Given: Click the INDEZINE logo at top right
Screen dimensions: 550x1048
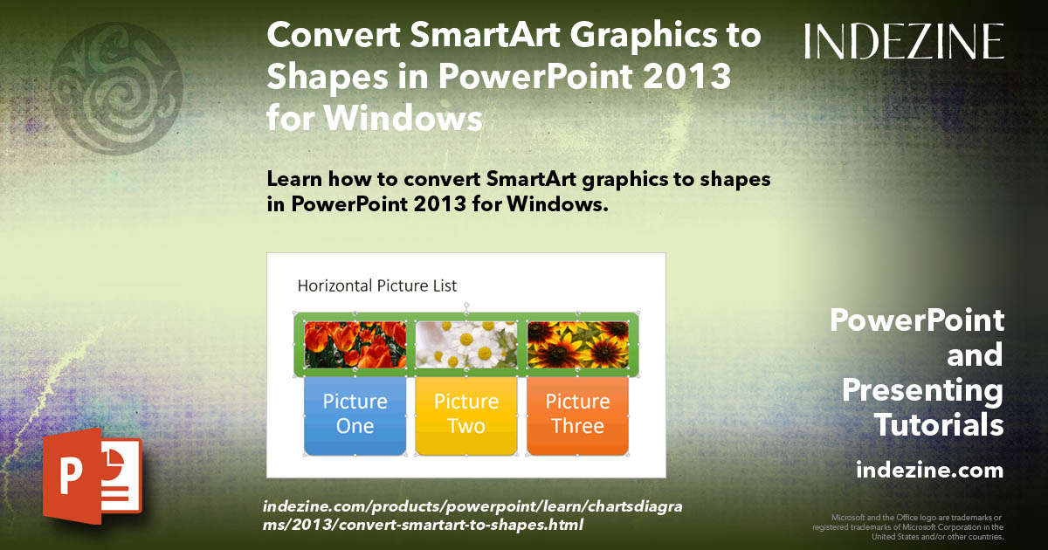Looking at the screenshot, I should [904, 42].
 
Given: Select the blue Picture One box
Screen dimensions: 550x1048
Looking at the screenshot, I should [355, 415].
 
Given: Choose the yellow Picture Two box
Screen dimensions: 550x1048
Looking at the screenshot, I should [466, 415].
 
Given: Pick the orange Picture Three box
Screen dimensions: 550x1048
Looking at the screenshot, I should [577, 415].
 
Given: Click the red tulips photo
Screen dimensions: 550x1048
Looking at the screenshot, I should [355, 344].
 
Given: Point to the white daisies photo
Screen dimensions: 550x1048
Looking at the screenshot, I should [466, 344].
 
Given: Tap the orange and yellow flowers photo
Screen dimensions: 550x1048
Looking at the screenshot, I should [577, 344].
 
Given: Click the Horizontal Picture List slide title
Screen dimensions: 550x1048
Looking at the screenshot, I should [376, 285].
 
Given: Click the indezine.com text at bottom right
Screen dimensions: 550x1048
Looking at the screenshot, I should [929, 471].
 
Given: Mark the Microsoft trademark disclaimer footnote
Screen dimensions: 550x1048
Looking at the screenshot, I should [908, 527].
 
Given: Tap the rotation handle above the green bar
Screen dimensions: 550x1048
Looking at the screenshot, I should [466, 306].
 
